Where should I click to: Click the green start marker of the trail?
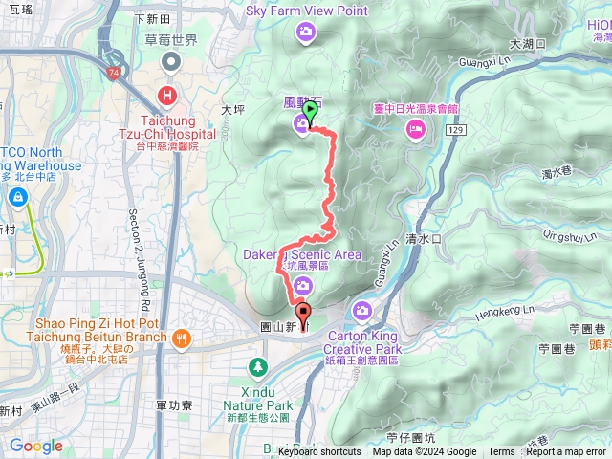click(310, 111)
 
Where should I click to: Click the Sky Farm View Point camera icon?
click(305, 33)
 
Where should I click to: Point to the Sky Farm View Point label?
click(307, 11)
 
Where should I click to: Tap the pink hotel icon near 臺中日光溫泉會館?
click(414, 134)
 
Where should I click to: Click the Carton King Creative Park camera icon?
click(362, 310)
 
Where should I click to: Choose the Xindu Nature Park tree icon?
click(257, 366)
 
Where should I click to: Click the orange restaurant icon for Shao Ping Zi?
click(182, 337)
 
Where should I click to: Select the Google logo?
click(35, 446)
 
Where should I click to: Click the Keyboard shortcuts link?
click(319, 452)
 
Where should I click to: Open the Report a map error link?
click(566, 452)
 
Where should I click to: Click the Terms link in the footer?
click(501, 452)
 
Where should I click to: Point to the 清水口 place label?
click(422, 238)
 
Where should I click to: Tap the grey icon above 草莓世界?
click(172, 61)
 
